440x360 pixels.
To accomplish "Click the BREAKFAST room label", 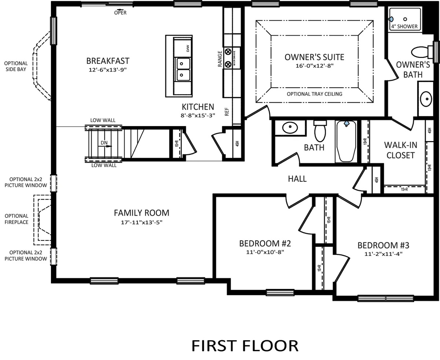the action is pyautogui.click(x=108, y=61).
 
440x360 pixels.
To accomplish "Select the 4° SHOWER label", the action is pyautogui.click(x=404, y=26).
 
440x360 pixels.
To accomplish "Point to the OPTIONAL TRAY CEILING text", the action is pyautogui.click(x=314, y=94).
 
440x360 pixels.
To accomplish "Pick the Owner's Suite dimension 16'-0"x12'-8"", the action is pyautogui.click(x=315, y=66).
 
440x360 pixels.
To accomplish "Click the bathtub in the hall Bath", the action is pyautogui.click(x=346, y=141).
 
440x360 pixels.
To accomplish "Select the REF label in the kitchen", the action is pyautogui.click(x=227, y=111).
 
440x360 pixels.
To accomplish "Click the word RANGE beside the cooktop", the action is pyautogui.click(x=220, y=59).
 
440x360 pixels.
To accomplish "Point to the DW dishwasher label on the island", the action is pyautogui.click(x=188, y=48).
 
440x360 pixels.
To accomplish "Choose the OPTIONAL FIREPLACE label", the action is pyautogui.click(x=16, y=219).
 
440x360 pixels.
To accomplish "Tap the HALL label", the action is pyautogui.click(x=297, y=179).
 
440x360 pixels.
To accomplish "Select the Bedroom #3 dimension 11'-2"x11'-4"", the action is pyautogui.click(x=383, y=254).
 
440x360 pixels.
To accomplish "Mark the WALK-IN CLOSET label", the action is pyautogui.click(x=400, y=150).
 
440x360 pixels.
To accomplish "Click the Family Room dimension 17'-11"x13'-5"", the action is pyautogui.click(x=142, y=222).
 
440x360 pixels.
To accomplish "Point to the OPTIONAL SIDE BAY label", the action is pyautogui.click(x=16, y=66).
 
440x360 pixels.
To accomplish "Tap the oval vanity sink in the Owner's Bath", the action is pyautogui.click(x=426, y=99).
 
